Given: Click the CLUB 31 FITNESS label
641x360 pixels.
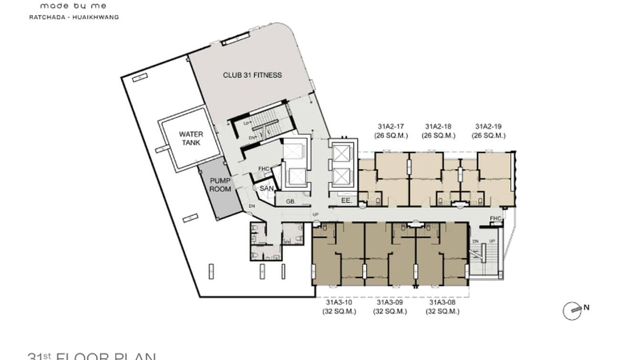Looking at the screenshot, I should (252, 75).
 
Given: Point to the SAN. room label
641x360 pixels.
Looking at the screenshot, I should (266, 189).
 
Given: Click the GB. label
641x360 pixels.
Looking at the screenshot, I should (290, 201).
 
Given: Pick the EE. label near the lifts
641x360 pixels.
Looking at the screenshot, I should (346, 201).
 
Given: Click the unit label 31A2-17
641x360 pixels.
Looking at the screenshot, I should (391, 127).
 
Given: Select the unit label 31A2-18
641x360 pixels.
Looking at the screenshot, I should (438, 127).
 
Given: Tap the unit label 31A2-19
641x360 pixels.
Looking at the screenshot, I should (488, 127).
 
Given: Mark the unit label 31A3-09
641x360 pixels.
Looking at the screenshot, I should (390, 302).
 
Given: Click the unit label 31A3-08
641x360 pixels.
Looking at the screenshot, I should (442, 302).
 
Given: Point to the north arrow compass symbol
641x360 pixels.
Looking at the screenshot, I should (573, 310).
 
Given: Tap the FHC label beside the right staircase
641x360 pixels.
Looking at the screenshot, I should (496, 219).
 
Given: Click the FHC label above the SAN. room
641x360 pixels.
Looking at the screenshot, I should (264, 169).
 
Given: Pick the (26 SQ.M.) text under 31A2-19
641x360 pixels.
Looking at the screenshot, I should (488, 136).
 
